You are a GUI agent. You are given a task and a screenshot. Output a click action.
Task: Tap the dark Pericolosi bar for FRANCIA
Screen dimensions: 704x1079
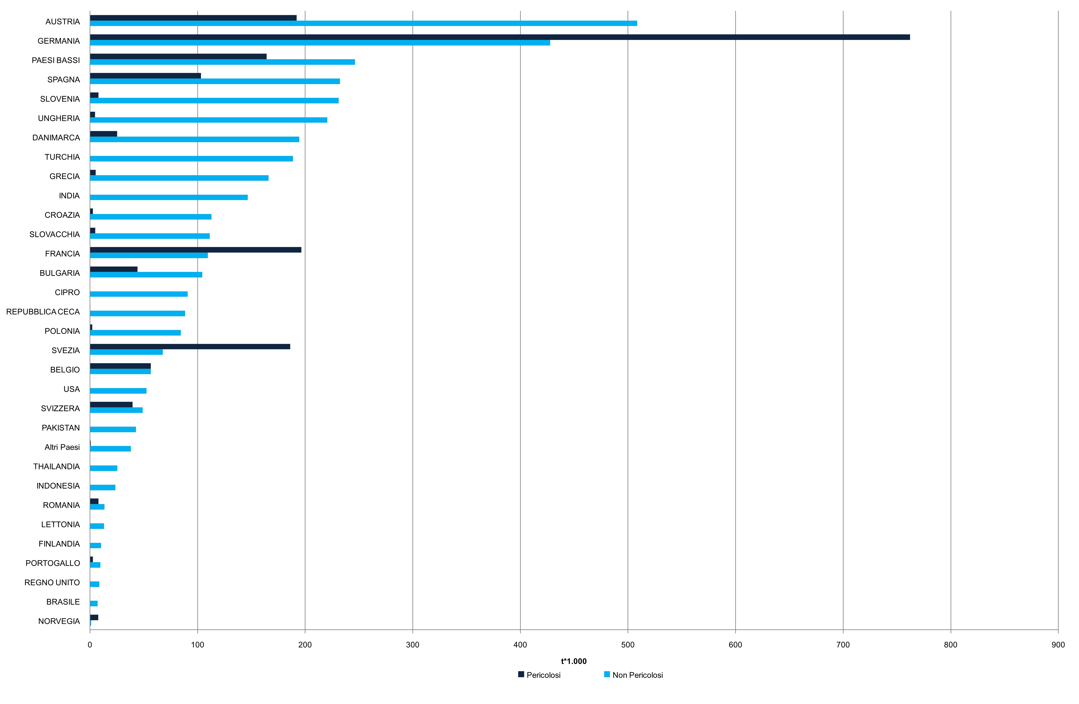pyautogui.click(x=195, y=250)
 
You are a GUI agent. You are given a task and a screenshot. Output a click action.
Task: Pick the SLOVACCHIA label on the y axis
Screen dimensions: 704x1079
pyautogui.click(x=54, y=234)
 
